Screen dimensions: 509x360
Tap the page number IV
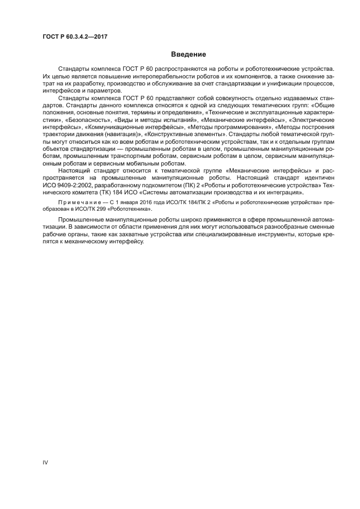tap(46, 463)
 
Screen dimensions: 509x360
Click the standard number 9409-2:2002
tap(75, 185)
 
